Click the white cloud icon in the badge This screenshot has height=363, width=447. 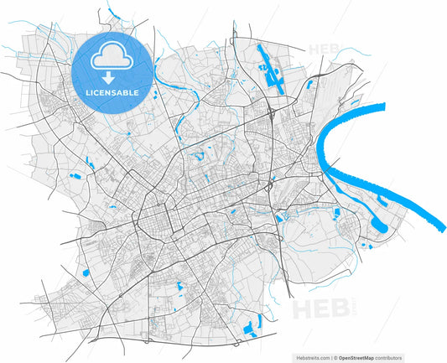[112, 57]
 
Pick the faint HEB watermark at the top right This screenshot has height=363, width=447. [325, 49]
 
